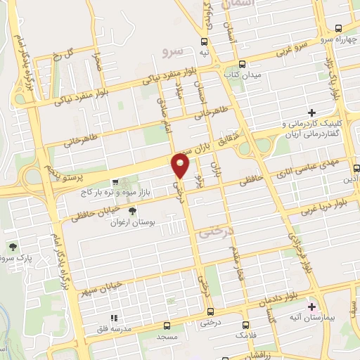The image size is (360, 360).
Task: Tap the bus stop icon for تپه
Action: (x=204, y=41)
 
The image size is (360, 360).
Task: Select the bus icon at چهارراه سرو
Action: (x=339, y=29)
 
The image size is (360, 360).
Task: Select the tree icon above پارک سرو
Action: (x=13, y=246)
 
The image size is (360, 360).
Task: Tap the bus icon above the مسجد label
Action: (x=167, y=325)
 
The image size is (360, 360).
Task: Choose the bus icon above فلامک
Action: (x=245, y=325)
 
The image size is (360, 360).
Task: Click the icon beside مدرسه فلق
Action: (x=112, y=318)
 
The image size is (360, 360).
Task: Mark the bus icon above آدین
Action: (x=357, y=168)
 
